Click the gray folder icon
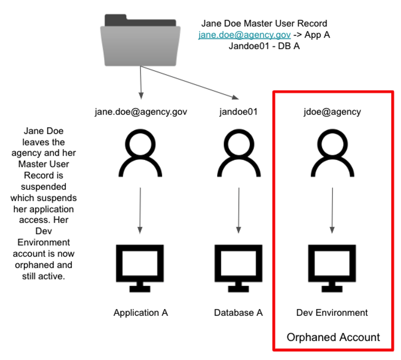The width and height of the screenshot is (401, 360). (140, 41)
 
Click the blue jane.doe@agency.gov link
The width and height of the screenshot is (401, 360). (244, 34)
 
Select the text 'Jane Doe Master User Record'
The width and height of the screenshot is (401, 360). (264, 23)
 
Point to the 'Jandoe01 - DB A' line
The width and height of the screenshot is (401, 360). (264, 46)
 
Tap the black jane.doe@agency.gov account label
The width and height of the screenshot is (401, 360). (141, 111)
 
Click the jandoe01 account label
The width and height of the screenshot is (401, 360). (239, 111)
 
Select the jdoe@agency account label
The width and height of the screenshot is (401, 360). (332, 111)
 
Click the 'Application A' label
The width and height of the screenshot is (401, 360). (141, 313)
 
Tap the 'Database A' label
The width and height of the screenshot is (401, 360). (239, 313)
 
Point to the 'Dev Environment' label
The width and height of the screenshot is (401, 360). (332, 313)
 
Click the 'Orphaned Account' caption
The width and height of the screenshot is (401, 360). (333, 337)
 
